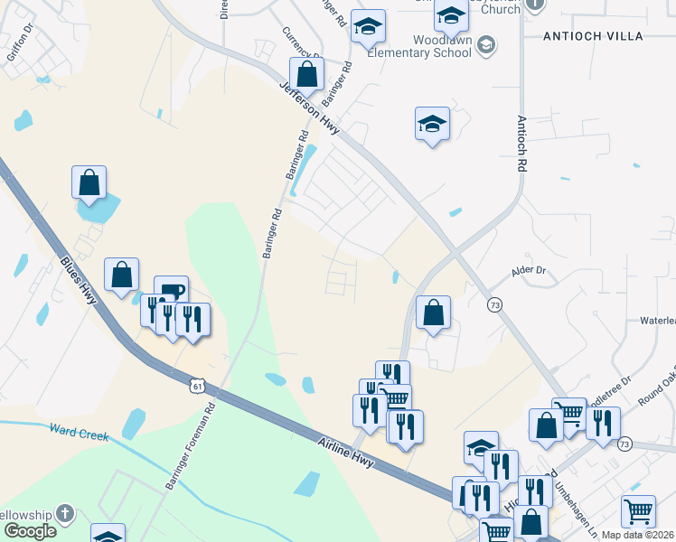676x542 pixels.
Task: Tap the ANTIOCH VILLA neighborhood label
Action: [592, 36]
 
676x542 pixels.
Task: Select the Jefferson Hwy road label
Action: [309, 107]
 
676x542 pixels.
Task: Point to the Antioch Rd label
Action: [521, 144]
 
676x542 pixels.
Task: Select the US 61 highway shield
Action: [198, 386]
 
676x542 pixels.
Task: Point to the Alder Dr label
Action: [530, 270]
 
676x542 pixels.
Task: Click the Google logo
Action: [29, 531]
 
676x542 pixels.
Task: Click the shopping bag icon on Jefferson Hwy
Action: [307, 74]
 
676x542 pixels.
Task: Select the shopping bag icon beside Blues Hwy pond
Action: [89, 182]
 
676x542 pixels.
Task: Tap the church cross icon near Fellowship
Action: [64, 514]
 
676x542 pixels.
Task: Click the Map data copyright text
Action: [638, 535]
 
